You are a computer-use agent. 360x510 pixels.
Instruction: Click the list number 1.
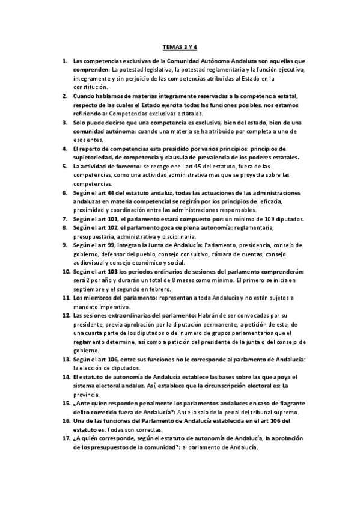pyautogui.click(x=65, y=61)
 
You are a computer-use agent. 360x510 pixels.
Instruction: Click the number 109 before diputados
pyautogui.click(x=264, y=219)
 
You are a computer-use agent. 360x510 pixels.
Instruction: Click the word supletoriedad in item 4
pyautogui.click(x=96, y=158)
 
